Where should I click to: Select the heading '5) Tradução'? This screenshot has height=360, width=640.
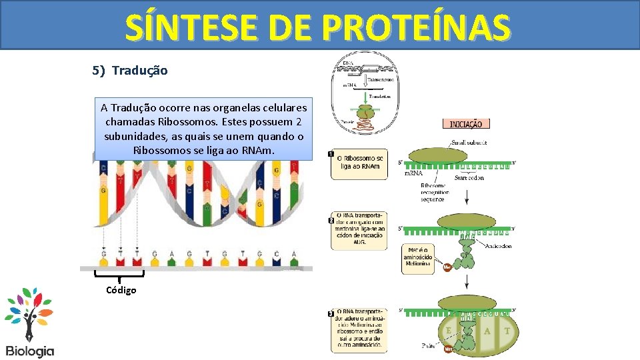130,70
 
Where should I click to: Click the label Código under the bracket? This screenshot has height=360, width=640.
121,289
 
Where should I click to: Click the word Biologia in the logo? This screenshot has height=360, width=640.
29,351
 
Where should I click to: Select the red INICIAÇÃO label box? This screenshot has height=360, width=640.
467,123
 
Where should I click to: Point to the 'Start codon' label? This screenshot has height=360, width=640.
469,178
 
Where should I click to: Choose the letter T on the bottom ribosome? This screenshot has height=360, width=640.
507,331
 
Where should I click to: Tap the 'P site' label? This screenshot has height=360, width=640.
429,346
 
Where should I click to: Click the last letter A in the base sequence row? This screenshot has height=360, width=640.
295,254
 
